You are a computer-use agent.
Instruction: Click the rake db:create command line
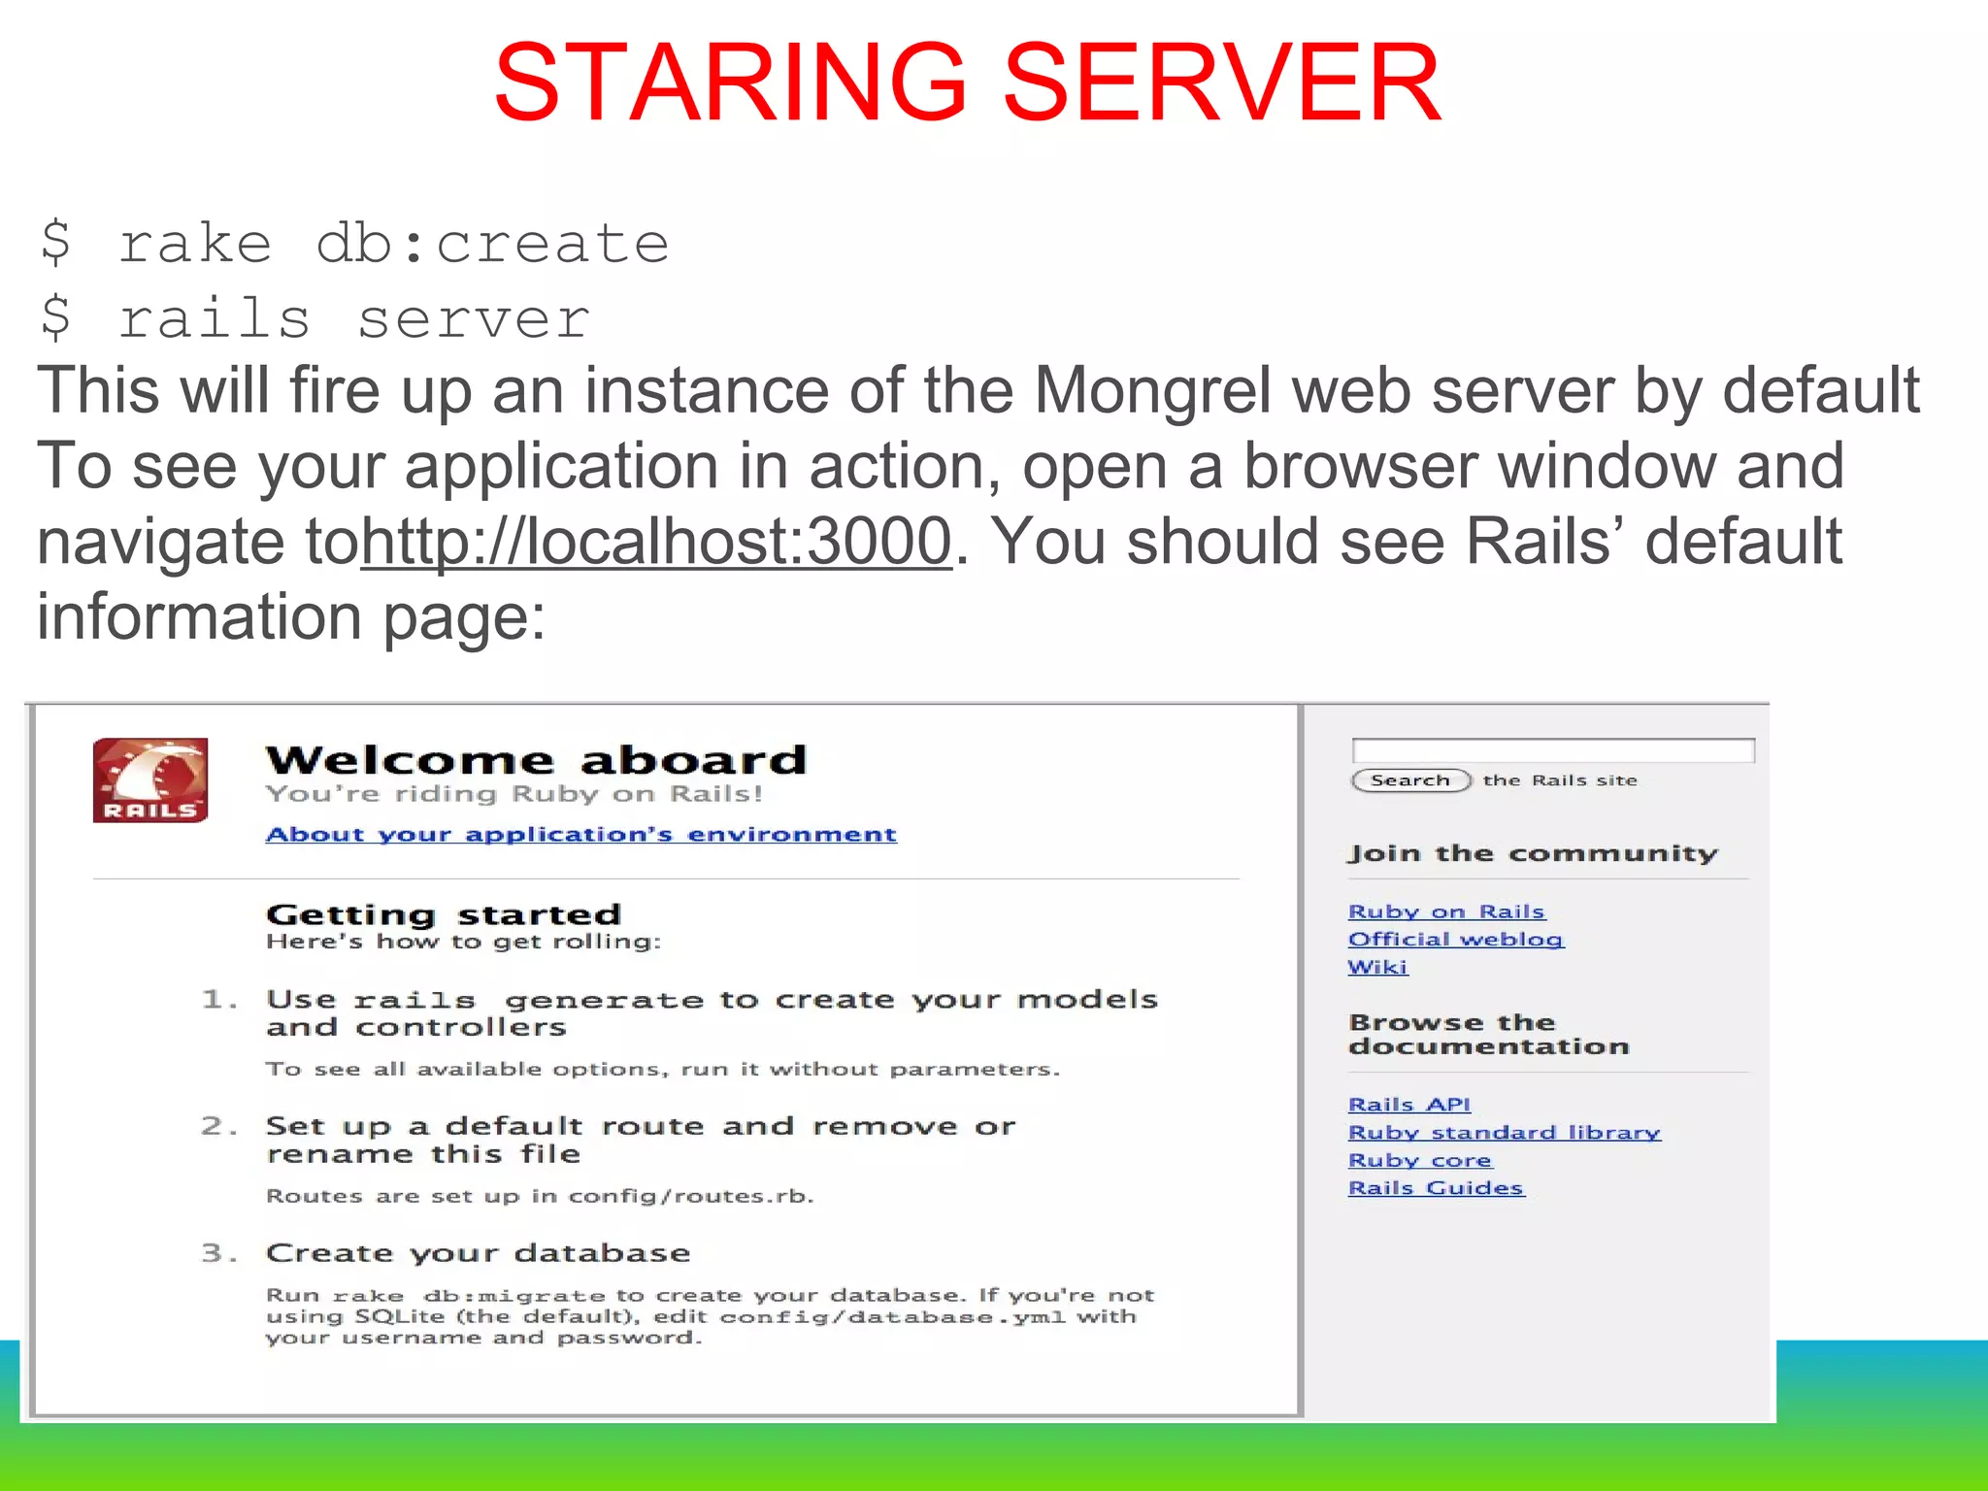355,243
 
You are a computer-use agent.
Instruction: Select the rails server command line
315,318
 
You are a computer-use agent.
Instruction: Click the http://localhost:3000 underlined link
656,541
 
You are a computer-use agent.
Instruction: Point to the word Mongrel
1152,390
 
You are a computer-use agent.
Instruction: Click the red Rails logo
150,780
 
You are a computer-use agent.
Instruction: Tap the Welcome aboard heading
536,760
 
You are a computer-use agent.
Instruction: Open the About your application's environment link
580,835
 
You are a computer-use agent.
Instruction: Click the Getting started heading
444,914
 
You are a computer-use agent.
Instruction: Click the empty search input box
1552,750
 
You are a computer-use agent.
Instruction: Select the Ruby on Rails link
1445,911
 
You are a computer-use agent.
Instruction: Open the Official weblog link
1455,940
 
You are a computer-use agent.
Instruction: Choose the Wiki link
1377,967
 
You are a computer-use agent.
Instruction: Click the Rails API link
1408,1105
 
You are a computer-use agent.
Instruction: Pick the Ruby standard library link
1504,1133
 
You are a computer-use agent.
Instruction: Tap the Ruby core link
1419,1161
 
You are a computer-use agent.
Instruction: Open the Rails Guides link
1436,1188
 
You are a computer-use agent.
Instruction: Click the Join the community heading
1532,854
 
